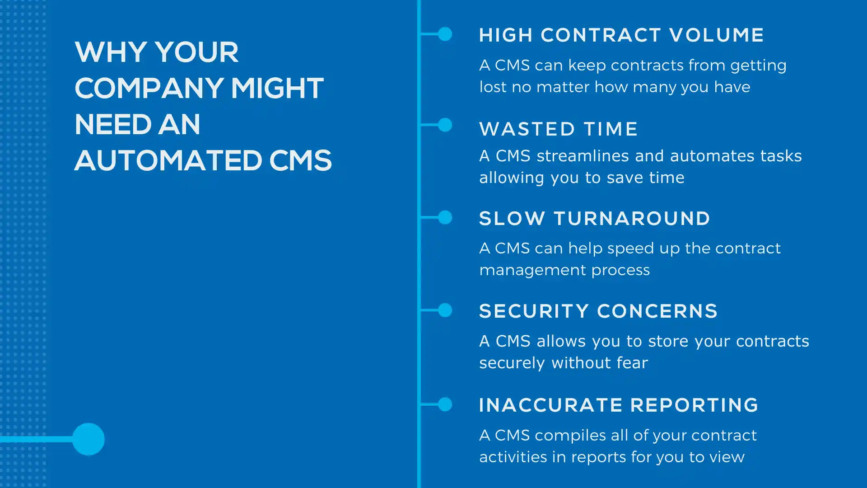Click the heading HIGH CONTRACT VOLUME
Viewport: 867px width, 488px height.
[x=621, y=35]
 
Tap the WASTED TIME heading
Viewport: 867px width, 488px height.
[x=559, y=129]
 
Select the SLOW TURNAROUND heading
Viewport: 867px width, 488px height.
[x=595, y=219]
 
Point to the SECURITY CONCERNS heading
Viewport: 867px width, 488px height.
[x=598, y=311]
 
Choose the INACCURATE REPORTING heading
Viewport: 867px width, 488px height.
[x=619, y=405]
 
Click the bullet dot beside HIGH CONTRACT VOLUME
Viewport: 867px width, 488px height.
[x=445, y=34]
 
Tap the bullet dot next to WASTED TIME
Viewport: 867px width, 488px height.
[x=445, y=125]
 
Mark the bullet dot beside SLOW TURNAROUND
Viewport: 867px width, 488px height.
[x=445, y=217]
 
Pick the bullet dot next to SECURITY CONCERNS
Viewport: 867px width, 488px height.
[x=445, y=310]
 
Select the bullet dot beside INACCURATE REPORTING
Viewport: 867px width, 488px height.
[x=445, y=404]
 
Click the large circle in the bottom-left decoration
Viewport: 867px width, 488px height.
[x=89, y=439]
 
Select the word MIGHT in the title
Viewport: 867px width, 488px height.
[x=277, y=88]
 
